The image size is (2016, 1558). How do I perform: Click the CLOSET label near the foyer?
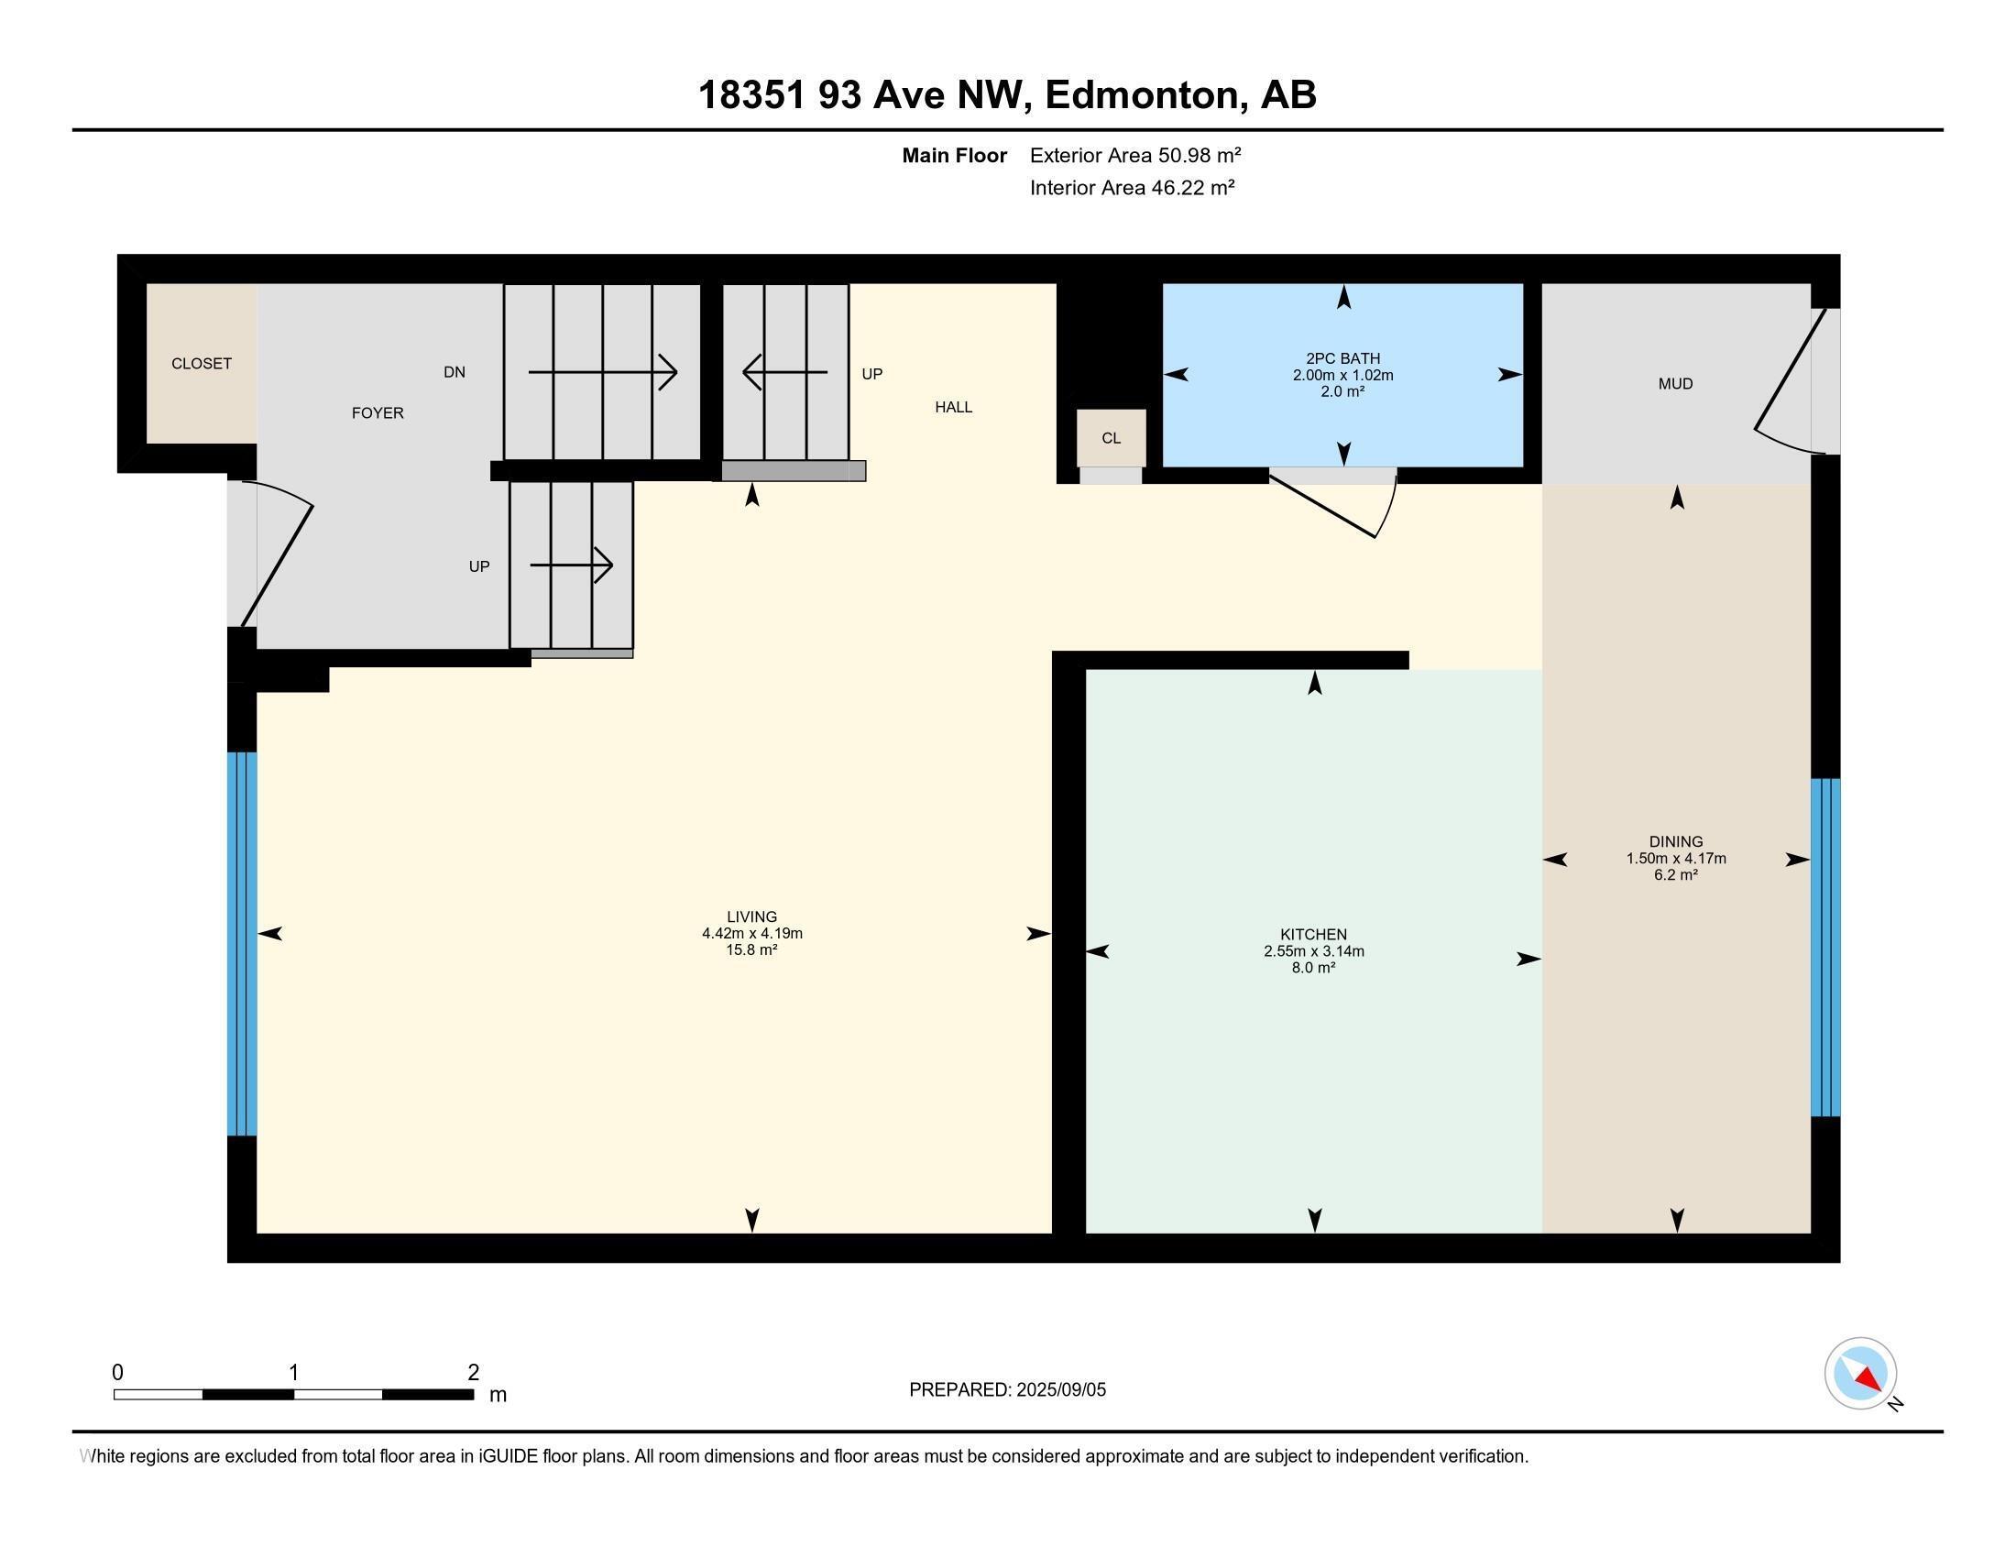pos(202,364)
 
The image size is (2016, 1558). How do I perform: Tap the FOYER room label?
pos(378,412)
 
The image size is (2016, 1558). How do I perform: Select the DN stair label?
pos(455,372)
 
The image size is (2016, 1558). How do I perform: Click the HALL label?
pos(954,407)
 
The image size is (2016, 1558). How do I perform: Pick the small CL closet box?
pos(1112,438)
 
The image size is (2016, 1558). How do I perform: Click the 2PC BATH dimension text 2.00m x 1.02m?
pos(1343,376)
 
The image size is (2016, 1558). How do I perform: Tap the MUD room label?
pos(1675,384)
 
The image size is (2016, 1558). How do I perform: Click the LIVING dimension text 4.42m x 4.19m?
pos(751,933)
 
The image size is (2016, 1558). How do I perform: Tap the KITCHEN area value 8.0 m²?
pos(1313,968)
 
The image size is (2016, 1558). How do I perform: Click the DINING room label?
pos(1675,840)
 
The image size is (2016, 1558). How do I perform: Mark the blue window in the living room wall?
pos(242,943)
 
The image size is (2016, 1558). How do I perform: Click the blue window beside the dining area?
pos(1824,947)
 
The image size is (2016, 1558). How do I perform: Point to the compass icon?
pos(1860,1373)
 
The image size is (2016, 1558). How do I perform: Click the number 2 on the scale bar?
pos(474,1373)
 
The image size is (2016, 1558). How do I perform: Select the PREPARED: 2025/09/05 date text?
pos(1007,1390)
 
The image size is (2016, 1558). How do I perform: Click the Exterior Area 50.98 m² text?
pos(1135,155)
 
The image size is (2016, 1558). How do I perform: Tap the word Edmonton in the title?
pos(1142,95)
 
